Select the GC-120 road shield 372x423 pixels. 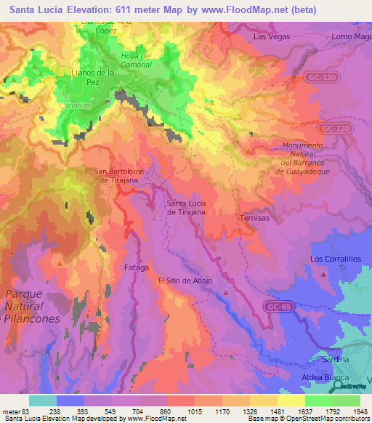point(331,127)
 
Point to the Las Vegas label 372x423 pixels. point(271,36)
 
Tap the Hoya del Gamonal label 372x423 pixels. point(136,60)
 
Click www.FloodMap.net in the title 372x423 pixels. point(237,9)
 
